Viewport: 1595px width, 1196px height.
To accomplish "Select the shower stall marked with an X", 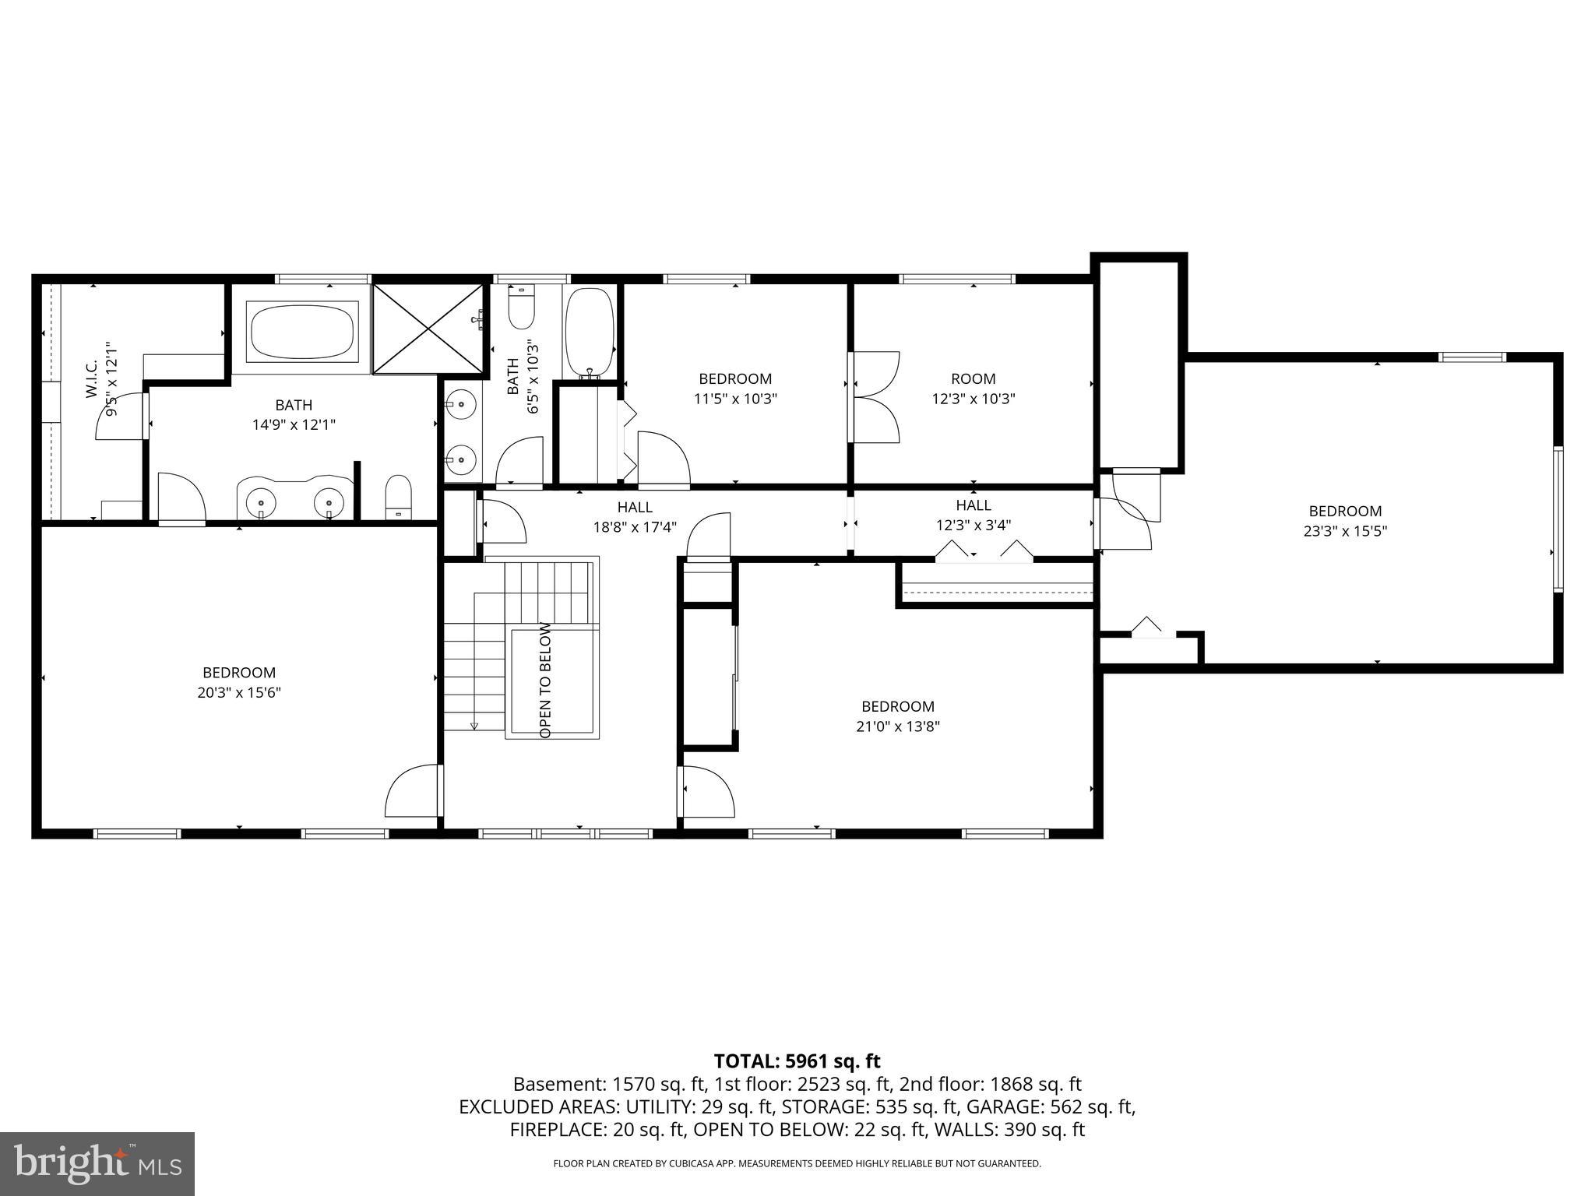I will tap(428, 328).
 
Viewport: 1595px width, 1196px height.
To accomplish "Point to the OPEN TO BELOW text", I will tap(545, 680).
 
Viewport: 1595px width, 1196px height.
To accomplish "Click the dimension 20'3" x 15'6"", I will tap(238, 692).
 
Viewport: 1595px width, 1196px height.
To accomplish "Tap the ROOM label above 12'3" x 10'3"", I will tap(973, 379).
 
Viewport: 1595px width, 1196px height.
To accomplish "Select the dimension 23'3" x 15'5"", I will tap(1345, 531).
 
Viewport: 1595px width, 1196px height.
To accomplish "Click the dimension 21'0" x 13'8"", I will tap(897, 726).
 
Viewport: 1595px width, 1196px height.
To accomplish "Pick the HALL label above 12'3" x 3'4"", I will tap(973, 505).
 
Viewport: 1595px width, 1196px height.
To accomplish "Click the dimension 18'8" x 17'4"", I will tap(634, 527).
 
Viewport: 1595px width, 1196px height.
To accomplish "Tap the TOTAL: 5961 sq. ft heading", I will tap(797, 1061).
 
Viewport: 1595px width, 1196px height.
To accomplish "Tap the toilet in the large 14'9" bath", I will tap(398, 496).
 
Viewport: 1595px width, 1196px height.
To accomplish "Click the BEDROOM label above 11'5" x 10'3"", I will tap(734, 379).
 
